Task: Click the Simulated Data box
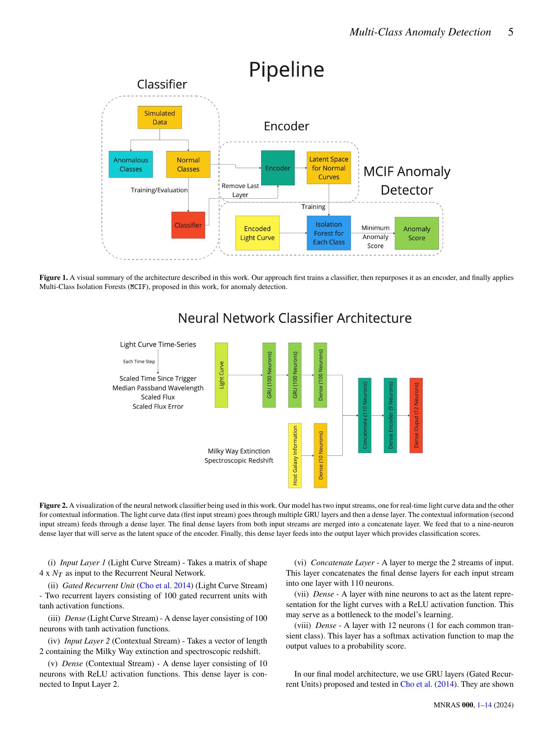(x=160, y=117)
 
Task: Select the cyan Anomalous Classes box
(x=131, y=164)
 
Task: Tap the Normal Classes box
(x=188, y=164)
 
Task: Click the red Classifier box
(x=188, y=225)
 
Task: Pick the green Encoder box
(x=278, y=168)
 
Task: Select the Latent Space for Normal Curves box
(x=329, y=168)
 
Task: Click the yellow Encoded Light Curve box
(x=257, y=233)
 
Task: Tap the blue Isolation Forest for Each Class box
(x=329, y=233)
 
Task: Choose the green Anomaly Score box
(x=417, y=233)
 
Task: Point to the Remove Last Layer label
(x=240, y=190)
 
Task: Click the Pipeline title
(x=286, y=70)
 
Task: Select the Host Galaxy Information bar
(x=295, y=455)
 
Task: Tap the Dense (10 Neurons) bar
(x=320, y=455)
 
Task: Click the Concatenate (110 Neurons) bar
(x=365, y=415)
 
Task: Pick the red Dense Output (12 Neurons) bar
(x=416, y=415)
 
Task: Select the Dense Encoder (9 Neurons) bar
(x=390, y=415)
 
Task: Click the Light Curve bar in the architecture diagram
(x=221, y=375)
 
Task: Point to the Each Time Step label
(x=139, y=362)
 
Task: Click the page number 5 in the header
(x=510, y=32)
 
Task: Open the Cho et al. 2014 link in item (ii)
(x=165, y=585)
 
